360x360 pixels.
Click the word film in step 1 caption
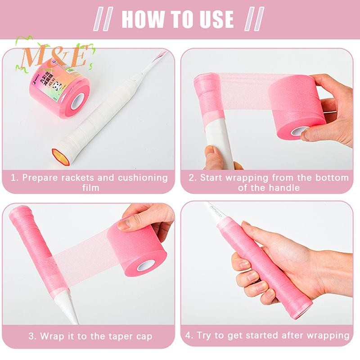pos(90,187)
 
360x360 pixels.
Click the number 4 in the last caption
pos(189,336)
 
